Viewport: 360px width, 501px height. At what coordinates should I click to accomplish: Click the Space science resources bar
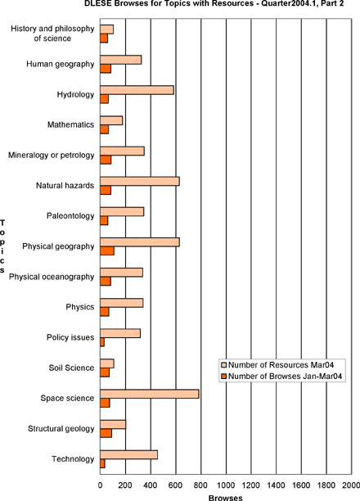(150, 394)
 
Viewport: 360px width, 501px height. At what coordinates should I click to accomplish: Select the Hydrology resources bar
(137, 90)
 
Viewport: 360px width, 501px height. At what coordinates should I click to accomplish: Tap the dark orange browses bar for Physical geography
(107, 251)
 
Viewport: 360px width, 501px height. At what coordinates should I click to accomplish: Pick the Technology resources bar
(128, 454)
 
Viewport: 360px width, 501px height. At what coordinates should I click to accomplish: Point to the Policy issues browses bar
(102, 342)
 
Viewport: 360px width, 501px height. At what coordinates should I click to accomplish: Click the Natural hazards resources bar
(140, 181)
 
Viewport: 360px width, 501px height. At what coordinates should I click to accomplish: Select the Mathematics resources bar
(111, 120)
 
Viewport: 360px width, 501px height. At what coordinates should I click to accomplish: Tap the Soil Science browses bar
(105, 372)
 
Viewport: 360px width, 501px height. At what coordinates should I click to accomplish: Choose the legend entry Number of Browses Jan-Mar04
(281, 377)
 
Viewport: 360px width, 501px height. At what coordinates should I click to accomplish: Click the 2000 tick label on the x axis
(351, 485)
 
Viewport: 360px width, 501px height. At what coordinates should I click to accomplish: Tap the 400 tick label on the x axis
(151, 485)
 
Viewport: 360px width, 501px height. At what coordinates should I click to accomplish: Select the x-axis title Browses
(226, 498)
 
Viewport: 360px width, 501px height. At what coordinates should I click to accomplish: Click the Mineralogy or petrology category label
(52, 156)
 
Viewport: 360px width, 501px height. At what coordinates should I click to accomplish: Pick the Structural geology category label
(61, 428)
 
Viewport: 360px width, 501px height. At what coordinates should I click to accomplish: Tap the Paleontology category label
(70, 216)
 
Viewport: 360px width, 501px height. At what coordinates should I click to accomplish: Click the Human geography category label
(61, 64)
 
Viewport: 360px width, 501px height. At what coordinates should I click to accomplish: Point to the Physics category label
(80, 307)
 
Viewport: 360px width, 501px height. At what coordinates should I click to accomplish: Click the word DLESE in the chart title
(95, 3)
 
